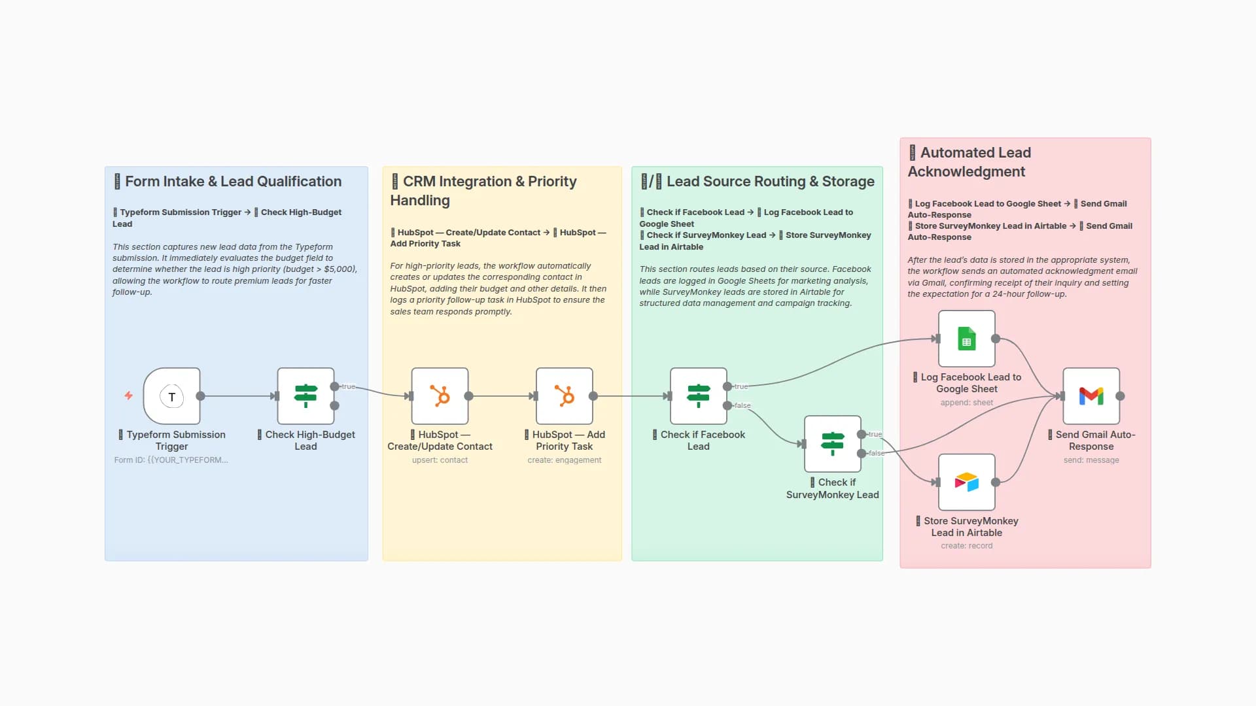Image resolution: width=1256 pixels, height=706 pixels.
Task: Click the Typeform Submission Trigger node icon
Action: point(171,396)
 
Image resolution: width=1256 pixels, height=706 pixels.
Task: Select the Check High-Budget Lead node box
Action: point(305,396)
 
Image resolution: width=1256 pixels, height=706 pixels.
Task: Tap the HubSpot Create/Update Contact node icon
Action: point(440,396)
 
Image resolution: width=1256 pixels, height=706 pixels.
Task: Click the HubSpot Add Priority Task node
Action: point(564,396)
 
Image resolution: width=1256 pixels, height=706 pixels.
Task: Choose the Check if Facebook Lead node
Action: point(698,396)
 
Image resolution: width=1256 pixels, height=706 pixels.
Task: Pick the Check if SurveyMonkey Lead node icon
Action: point(832,444)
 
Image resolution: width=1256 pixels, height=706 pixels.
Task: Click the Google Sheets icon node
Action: point(966,339)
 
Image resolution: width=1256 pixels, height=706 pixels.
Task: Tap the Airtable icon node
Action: point(966,482)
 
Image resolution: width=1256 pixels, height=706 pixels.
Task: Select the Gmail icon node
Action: point(1090,396)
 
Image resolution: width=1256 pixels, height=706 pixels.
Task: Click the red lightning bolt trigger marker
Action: point(128,395)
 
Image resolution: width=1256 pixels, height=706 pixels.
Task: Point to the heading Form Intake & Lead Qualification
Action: point(233,182)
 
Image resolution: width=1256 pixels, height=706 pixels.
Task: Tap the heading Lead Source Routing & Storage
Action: point(770,182)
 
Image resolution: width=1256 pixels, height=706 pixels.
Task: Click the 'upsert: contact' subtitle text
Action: point(440,460)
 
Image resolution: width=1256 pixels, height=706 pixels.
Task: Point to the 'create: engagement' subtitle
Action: point(564,460)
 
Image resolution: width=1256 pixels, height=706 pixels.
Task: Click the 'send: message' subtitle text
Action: point(1090,460)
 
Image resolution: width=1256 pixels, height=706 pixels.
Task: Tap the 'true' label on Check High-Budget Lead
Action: point(348,386)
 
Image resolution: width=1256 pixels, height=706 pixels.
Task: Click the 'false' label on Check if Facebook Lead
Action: point(742,405)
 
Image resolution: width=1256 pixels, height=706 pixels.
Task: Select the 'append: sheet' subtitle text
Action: point(966,403)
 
